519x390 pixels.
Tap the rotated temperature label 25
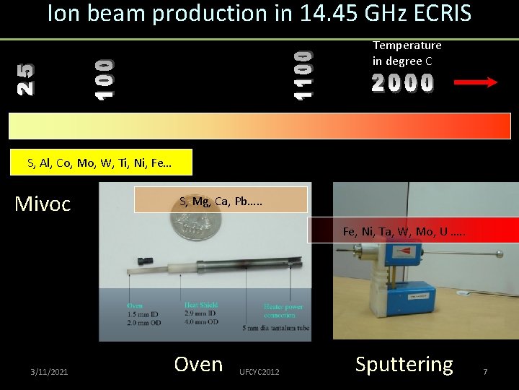pos(25,79)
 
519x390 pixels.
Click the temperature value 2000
pos(403,84)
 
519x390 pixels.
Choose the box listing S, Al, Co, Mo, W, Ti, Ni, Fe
pos(99,162)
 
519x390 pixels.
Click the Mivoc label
pos(43,204)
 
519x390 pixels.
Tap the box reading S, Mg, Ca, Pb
pos(222,200)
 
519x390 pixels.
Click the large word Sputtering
pos(404,365)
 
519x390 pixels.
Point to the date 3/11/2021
pos(50,371)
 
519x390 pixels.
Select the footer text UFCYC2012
pos(260,371)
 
